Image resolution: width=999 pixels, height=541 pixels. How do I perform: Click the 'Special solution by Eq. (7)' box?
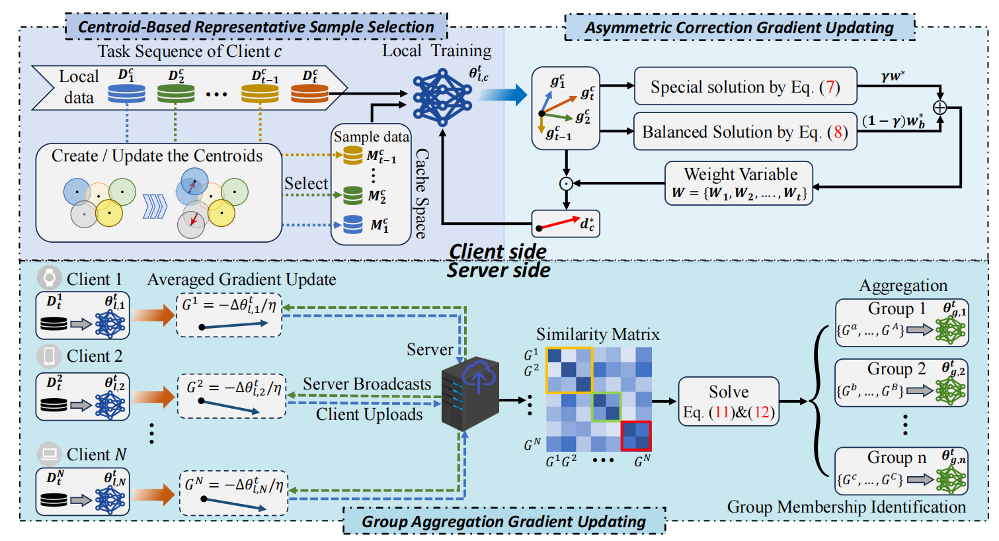click(745, 87)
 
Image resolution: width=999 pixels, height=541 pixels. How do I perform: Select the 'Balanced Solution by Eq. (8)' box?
click(745, 132)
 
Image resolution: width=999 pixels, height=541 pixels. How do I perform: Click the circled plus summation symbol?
click(939, 107)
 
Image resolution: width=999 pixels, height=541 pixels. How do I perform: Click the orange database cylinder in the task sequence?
click(309, 93)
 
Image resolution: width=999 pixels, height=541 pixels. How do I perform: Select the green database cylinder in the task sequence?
click(176, 93)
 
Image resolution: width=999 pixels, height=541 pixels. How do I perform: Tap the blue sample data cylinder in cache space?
click(352, 225)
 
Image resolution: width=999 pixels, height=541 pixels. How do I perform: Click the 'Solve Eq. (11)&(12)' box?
click(729, 401)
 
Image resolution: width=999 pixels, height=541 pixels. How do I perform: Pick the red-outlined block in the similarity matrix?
click(636, 437)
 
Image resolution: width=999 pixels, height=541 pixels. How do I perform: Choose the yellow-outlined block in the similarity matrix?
click(569, 370)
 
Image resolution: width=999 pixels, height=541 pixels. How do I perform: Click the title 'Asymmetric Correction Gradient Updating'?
click(739, 28)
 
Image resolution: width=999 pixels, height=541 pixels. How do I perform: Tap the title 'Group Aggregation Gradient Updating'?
click(504, 521)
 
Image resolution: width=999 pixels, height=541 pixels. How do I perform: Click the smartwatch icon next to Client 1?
click(49, 278)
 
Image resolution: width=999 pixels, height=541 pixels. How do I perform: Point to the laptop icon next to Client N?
click(49, 454)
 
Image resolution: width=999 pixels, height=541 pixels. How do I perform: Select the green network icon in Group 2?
click(951, 390)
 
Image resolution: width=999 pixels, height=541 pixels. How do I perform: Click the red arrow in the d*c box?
click(559, 224)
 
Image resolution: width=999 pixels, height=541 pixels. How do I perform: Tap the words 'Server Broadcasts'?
click(367, 384)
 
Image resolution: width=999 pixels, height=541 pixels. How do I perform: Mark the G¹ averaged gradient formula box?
click(229, 314)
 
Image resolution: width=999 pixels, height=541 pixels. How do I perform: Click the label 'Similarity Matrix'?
click(598, 334)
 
